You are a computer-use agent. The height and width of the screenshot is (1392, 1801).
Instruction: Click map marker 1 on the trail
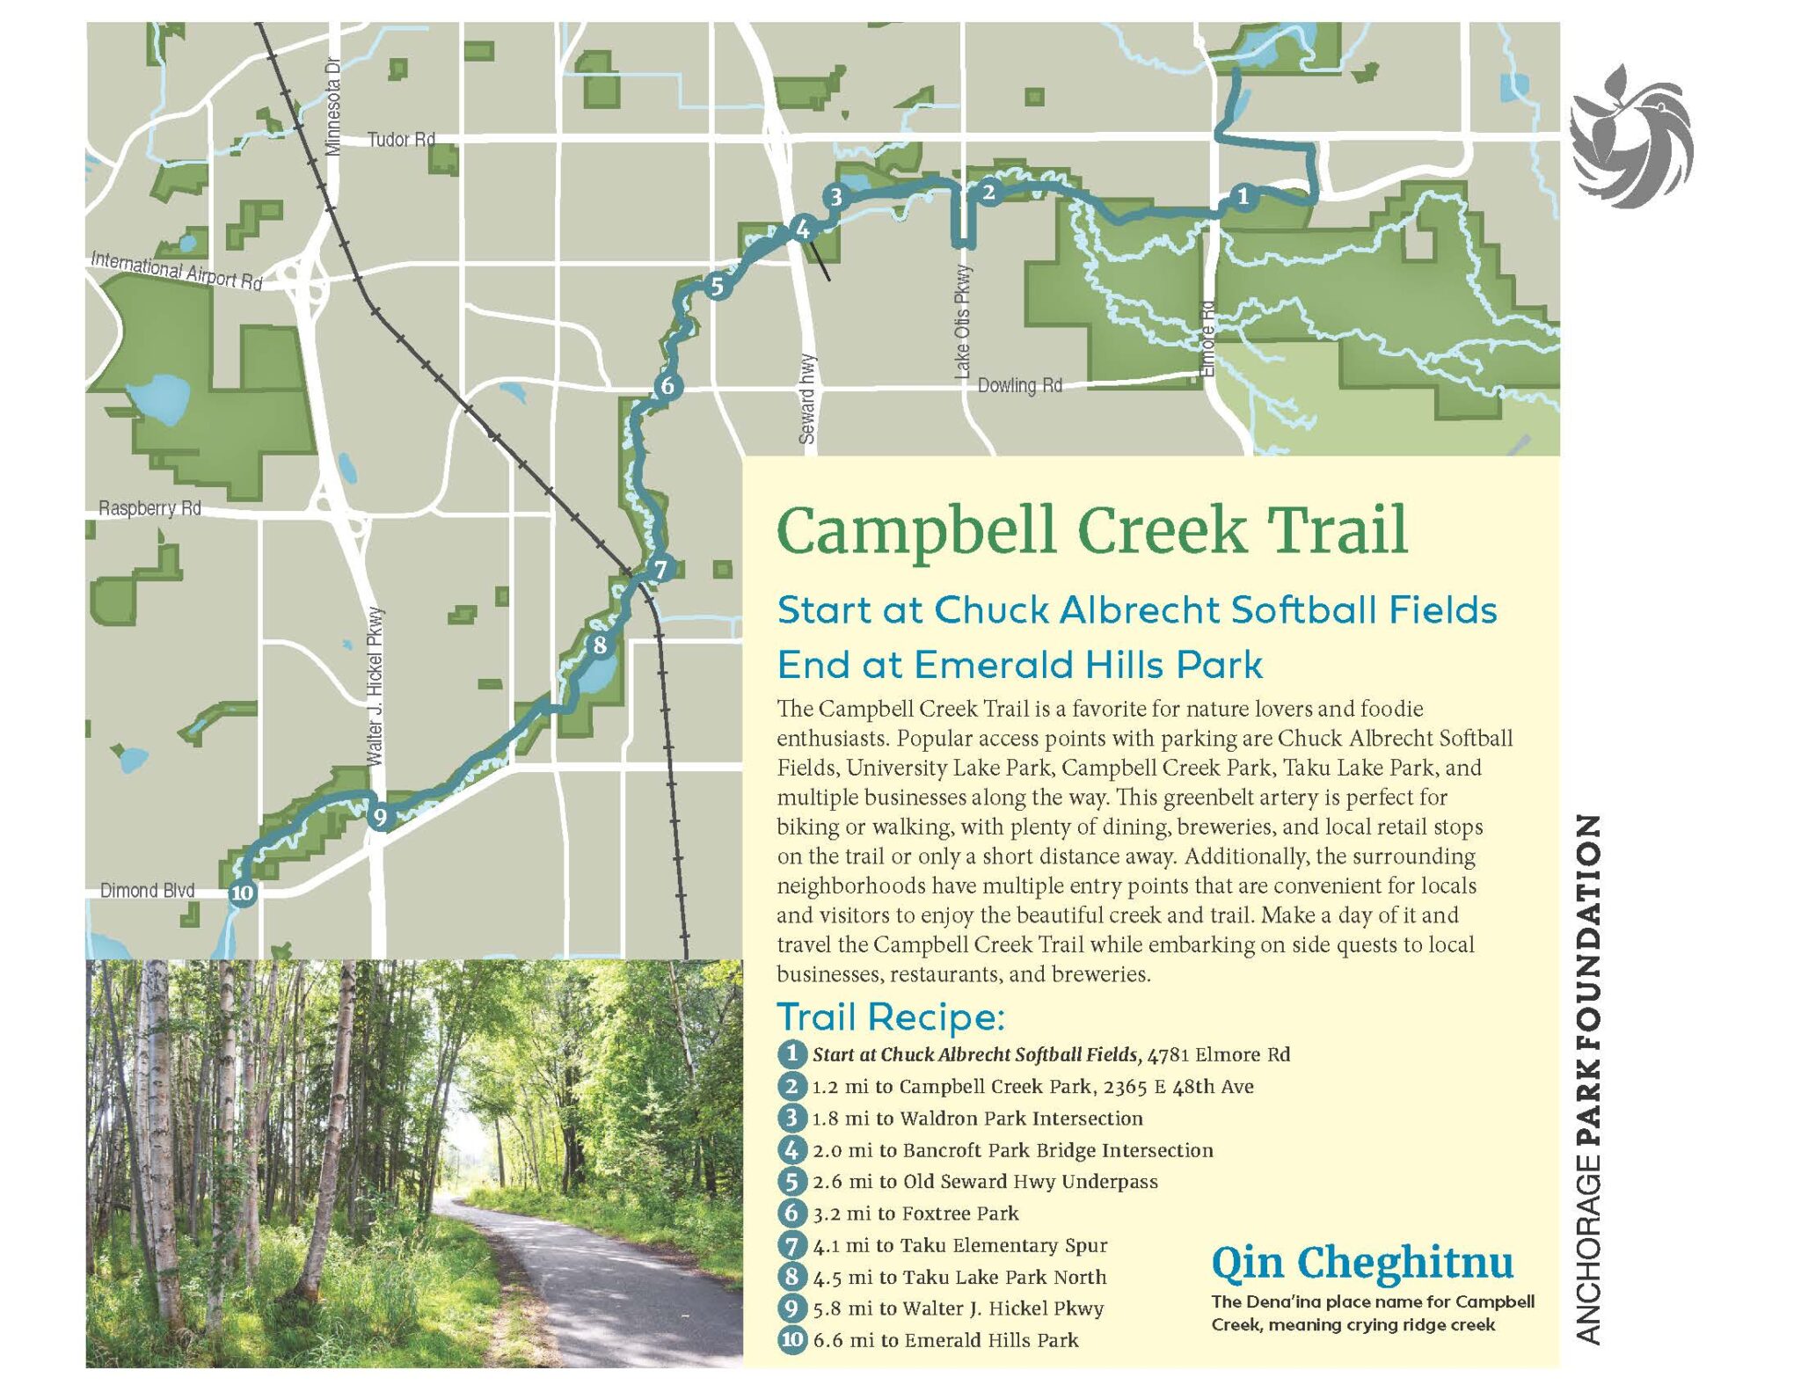(1242, 197)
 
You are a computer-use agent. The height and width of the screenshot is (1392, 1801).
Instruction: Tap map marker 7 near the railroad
(660, 569)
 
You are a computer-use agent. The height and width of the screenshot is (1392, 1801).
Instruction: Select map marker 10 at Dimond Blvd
(242, 893)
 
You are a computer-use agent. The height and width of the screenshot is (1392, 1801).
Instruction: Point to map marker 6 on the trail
(667, 385)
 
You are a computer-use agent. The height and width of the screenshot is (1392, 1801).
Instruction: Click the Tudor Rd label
(401, 140)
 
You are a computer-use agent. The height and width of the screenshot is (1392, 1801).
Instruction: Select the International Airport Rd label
(177, 270)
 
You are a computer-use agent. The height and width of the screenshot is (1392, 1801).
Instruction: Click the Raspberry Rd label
(149, 508)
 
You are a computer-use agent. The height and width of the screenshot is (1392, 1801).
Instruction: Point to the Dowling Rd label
(1019, 385)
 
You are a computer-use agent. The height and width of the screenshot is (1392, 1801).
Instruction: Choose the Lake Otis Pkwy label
(964, 322)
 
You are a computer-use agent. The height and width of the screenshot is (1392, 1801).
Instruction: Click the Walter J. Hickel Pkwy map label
(375, 686)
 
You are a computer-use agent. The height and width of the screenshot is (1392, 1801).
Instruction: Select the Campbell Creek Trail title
(1091, 530)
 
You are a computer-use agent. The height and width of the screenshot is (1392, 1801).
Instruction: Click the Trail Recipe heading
(890, 1017)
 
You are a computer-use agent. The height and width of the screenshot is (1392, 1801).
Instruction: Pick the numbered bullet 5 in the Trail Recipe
(791, 1181)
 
